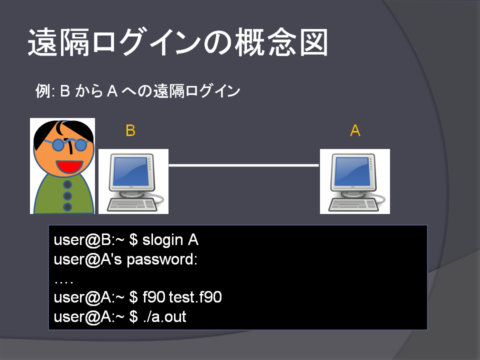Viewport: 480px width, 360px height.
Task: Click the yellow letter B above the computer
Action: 130,130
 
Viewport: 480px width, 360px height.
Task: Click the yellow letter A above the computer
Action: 355,130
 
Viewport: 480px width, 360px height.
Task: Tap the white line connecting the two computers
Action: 243,165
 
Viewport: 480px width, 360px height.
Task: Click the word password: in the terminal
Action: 162,260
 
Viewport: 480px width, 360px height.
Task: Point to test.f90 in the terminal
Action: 195,297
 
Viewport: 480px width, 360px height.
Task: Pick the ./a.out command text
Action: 164,316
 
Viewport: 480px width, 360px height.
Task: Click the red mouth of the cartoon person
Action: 69,166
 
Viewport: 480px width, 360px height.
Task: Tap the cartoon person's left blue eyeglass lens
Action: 58,145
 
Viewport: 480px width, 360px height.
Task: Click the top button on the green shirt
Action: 67,184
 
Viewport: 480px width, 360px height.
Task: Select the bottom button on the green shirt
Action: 67,207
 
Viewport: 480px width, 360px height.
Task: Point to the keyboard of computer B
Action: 132,205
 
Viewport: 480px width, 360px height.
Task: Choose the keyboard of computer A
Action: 353,205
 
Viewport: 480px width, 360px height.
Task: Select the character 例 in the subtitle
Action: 42,91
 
